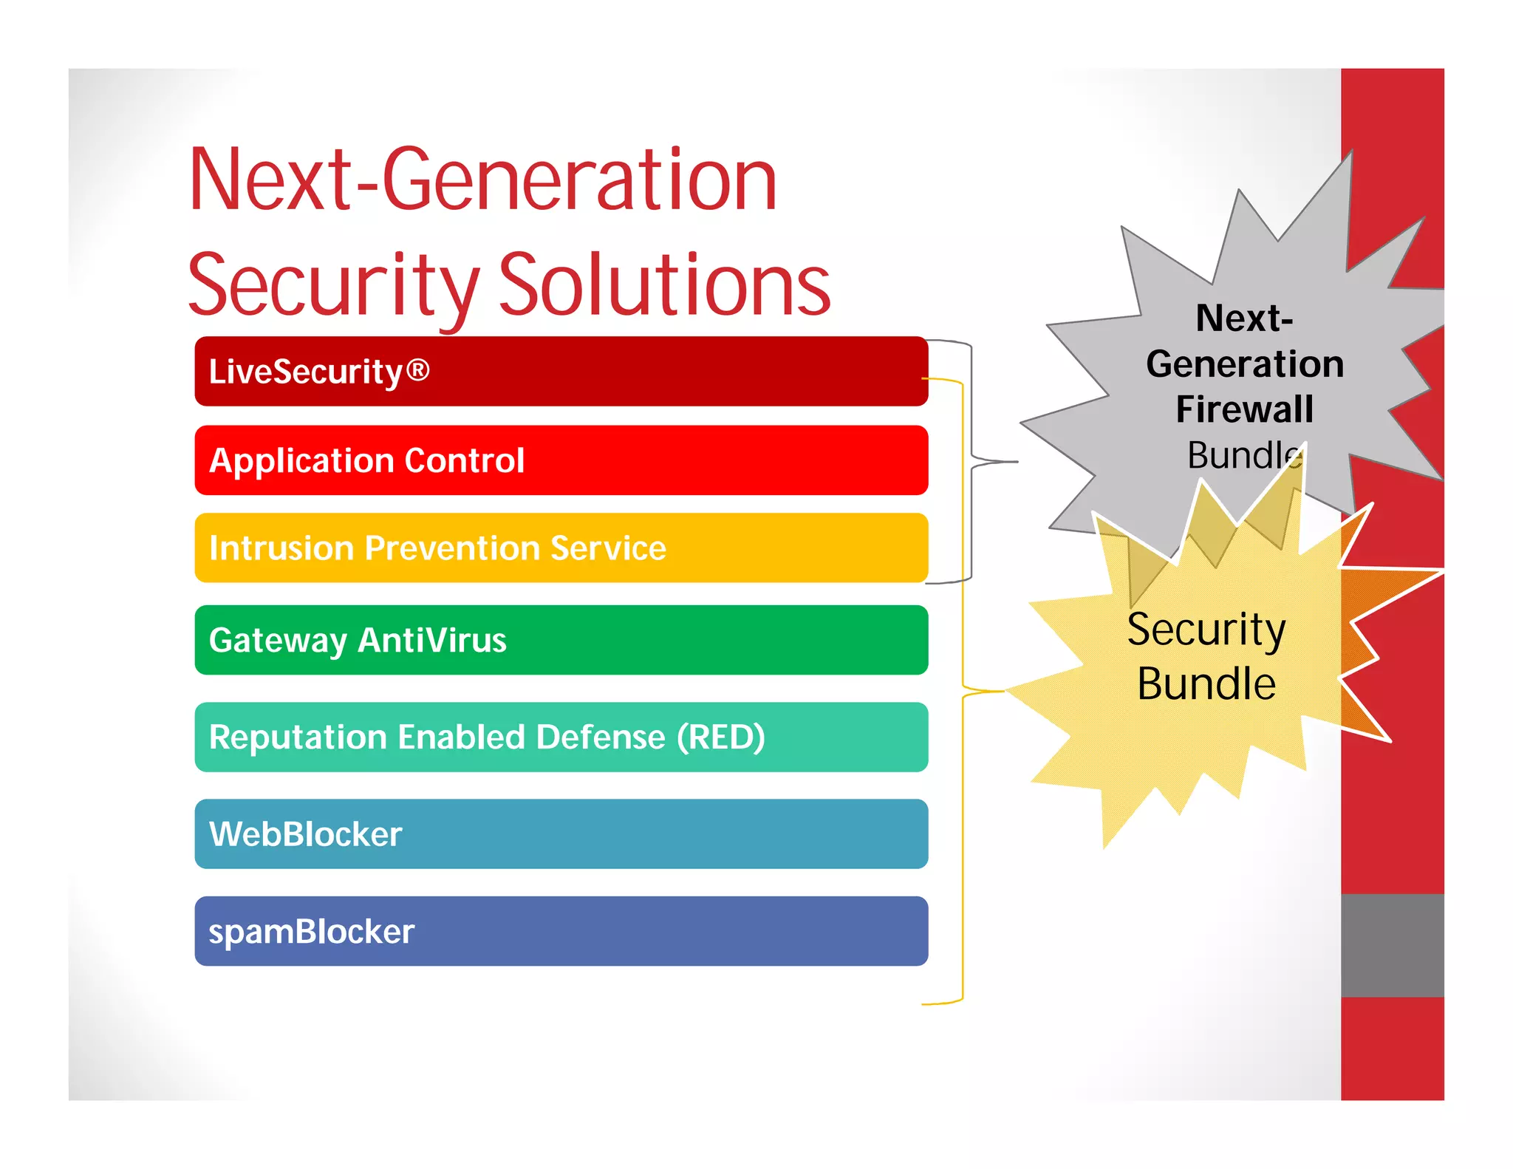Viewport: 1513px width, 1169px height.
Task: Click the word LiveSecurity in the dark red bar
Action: pyautogui.click(x=305, y=372)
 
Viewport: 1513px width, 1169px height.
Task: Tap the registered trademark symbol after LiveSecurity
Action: pyautogui.click(x=417, y=369)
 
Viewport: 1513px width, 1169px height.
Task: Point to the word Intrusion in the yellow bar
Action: pyautogui.click(x=281, y=548)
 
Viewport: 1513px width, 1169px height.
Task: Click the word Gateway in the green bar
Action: pyautogui.click(x=277, y=641)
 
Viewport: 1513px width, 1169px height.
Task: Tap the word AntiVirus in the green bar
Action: pyautogui.click(x=432, y=640)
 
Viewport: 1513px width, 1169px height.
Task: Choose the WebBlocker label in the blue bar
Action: pyautogui.click(x=305, y=834)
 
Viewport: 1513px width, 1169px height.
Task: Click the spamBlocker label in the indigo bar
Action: pyautogui.click(x=311, y=932)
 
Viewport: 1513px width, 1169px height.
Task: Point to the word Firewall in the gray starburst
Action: pyautogui.click(x=1244, y=409)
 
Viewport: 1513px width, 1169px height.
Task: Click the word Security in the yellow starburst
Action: pyautogui.click(x=1206, y=630)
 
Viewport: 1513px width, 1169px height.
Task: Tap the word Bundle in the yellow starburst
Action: pyautogui.click(x=1206, y=684)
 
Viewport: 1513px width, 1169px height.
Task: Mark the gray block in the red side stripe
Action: pyautogui.click(x=1392, y=945)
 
